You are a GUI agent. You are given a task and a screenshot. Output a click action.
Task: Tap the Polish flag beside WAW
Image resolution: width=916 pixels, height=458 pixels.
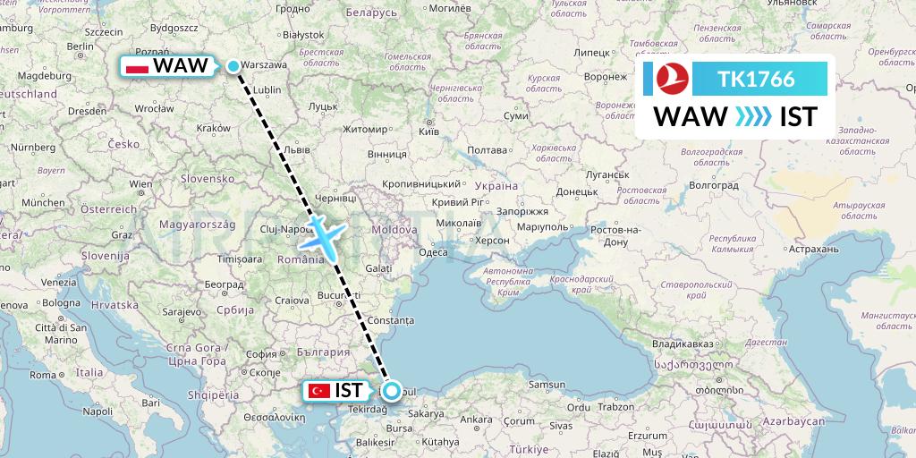138,66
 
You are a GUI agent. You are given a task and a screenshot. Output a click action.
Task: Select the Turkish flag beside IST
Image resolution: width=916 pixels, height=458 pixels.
317,391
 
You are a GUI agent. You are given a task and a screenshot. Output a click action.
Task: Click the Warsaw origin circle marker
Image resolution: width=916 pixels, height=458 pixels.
233,65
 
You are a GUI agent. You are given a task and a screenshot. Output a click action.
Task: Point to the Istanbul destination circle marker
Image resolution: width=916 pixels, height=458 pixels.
392,390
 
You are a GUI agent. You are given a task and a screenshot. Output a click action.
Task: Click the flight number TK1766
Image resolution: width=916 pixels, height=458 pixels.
756,79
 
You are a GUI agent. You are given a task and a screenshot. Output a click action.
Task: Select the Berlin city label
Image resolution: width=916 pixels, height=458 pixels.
81,46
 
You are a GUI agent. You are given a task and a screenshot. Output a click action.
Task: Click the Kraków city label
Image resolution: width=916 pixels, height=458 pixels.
212,128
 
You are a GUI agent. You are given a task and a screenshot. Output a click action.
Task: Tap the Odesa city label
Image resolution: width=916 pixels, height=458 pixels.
433,252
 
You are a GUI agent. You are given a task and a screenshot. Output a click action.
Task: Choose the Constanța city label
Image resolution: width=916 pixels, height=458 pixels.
393,319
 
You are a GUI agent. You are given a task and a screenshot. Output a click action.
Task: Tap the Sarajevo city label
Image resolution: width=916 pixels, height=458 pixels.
182,311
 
